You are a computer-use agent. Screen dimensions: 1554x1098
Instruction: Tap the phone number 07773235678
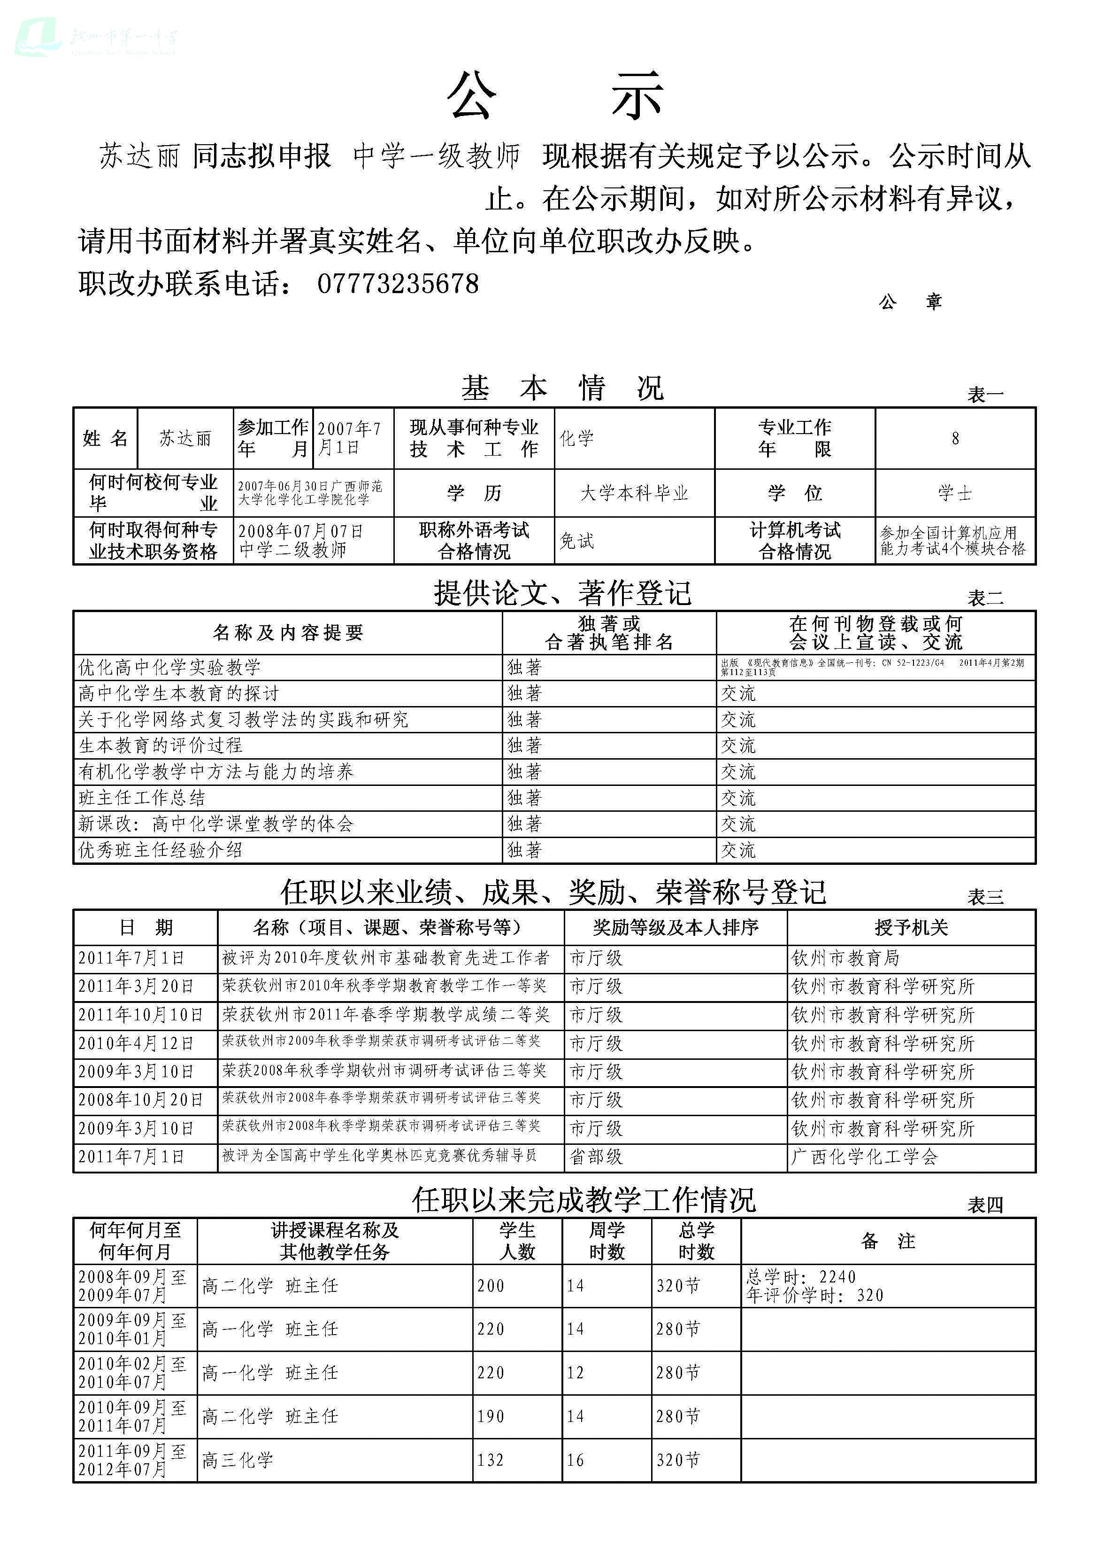pyautogui.click(x=398, y=284)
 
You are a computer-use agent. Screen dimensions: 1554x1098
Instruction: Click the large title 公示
pyautogui.click(x=555, y=96)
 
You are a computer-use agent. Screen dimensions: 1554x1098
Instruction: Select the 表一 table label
pyautogui.click(x=985, y=395)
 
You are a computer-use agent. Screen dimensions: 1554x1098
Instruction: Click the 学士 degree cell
pyautogui.click(x=954, y=493)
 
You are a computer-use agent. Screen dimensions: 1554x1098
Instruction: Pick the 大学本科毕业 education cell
pyautogui.click(x=634, y=493)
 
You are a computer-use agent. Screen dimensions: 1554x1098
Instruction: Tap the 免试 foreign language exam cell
pyautogui.click(x=577, y=540)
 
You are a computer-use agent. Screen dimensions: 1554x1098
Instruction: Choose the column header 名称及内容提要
pyautogui.click(x=287, y=633)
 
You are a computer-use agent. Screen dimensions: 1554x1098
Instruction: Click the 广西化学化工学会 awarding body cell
pyautogui.click(x=865, y=1157)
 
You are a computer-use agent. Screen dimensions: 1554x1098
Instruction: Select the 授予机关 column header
pyautogui.click(x=911, y=927)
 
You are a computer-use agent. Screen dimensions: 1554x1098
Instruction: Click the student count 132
pyautogui.click(x=491, y=1461)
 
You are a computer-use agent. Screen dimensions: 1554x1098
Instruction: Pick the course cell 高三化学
pyautogui.click(x=238, y=1461)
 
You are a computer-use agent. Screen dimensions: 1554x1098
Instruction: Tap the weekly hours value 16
pyautogui.click(x=576, y=1461)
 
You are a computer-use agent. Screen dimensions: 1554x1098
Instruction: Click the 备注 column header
pyautogui.click(x=888, y=1241)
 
